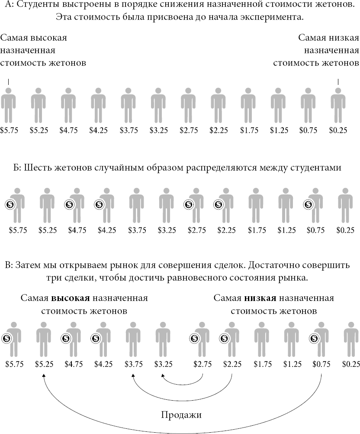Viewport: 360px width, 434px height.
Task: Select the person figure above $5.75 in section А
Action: [8, 105]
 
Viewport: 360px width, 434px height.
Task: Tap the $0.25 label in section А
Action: [338, 130]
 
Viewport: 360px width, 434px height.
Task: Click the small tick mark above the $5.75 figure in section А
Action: [8, 81]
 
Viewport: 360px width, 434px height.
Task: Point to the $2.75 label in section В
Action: [202, 364]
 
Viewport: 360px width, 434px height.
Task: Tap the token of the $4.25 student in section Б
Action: [99, 204]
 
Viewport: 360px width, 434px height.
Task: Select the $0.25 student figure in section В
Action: [351, 340]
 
